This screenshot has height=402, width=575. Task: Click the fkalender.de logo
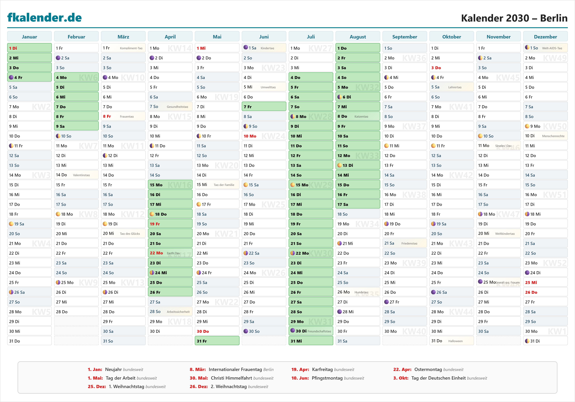45,18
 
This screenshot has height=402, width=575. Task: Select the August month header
358,37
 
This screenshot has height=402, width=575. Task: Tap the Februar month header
76,37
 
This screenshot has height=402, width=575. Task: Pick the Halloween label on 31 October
455,341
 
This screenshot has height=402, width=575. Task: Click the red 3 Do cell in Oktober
436,68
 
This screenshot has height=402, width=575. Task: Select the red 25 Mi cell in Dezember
531,282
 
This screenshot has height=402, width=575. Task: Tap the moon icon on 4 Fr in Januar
11,77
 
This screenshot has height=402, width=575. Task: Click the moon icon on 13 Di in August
340,165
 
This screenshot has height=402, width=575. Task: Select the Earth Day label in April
173,253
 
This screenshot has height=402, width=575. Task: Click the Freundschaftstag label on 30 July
319,331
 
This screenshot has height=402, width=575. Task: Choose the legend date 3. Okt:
401,378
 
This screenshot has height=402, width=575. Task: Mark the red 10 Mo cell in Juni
250,136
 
